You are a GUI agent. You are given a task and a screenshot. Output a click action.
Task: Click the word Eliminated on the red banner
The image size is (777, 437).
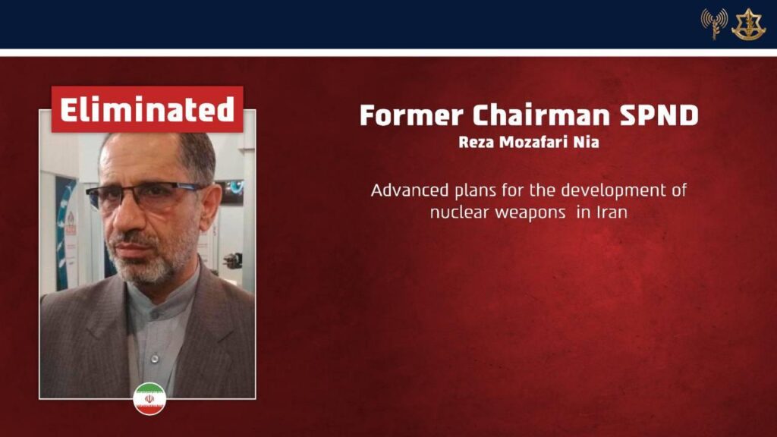pyautogui.click(x=147, y=109)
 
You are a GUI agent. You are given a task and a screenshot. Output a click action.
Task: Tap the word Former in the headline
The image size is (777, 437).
pyautogui.click(x=412, y=115)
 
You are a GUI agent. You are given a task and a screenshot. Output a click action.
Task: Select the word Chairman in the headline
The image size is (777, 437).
pyautogui.click(x=541, y=115)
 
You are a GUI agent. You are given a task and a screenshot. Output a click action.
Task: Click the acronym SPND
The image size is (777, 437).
pyautogui.click(x=659, y=115)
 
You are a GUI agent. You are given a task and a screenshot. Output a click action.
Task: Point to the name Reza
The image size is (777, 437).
pyautogui.click(x=477, y=142)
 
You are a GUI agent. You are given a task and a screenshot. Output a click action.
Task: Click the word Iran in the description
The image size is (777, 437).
pyautogui.click(x=612, y=212)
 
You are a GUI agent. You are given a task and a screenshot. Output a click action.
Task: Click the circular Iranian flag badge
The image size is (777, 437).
pyautogui.click(x=149, y=399)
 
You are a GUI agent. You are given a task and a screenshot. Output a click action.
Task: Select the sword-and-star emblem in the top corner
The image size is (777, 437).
pyautogui.click(x=748, y=24)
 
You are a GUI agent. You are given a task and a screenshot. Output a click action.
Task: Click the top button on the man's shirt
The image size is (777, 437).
pyautogui.click(x=154, y=314)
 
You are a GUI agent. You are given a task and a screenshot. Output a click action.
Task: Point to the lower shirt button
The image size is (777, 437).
pyautogui.click(x=155, y=358)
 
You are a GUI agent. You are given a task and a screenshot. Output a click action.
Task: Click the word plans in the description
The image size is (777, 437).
pyautogui.click(x=476, y=191)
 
